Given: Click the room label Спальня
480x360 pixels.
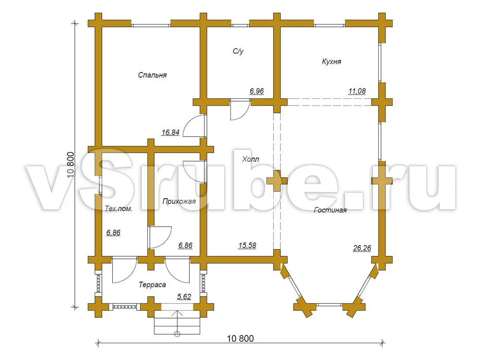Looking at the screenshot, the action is pos(152,75).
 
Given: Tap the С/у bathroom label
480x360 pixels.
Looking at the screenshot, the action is pos(238,51).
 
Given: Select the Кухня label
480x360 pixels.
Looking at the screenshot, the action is pos(331,61).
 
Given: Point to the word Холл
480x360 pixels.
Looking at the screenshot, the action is pos(251,159).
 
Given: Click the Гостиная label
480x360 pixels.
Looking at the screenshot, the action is pos(330,210).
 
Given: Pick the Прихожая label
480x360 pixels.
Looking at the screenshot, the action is pos(179,202).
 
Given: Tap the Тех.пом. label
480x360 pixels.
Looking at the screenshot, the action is pos(119,209).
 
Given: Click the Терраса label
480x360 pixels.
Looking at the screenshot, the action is pos(152,285).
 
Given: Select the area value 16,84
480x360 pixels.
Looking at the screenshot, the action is pos(170,132).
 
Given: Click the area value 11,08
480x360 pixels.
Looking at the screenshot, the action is pos(357,91).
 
